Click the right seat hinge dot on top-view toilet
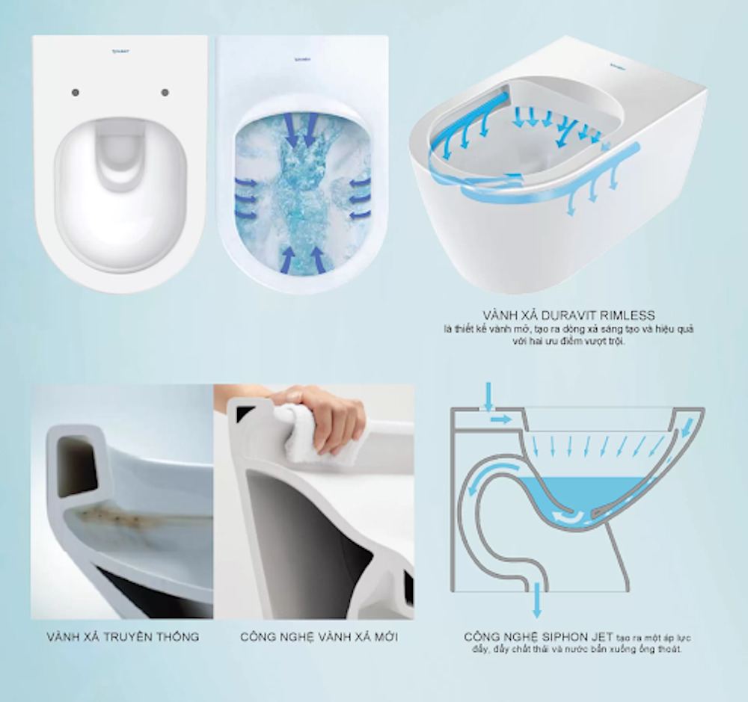[x=165, y=93]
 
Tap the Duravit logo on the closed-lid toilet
[x=120, y=51]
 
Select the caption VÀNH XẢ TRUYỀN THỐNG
[x=123, y=637]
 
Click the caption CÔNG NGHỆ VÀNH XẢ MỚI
[x=319, y=637]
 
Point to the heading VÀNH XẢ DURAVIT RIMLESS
[x=570, y=316]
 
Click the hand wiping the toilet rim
[x=329, y=411]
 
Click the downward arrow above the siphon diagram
[x=488, y=395]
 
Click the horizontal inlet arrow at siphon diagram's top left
[x=502, y=419]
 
